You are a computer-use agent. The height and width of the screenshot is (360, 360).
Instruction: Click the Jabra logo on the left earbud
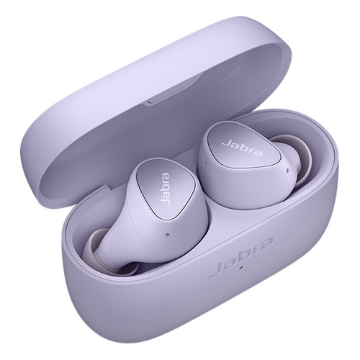pos(166,189)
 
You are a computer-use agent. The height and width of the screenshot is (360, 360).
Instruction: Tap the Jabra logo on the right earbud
pos(242,148)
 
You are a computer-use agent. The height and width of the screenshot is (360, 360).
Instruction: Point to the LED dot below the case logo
pos(242,266)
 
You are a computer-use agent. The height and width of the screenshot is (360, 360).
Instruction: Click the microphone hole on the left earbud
pos(168,234)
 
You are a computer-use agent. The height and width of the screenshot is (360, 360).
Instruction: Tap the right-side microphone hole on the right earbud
pos(287,171)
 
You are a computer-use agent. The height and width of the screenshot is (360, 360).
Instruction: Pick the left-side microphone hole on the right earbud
pos(204,163)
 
